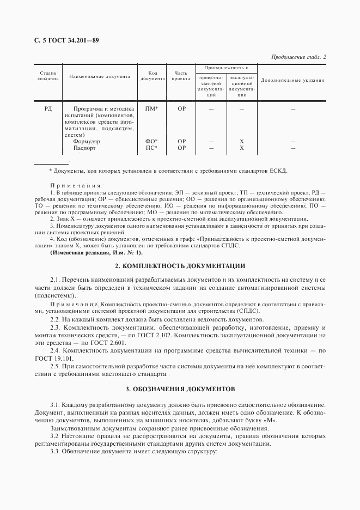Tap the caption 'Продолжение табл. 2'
298,57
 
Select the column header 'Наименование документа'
100,76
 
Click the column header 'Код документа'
152,76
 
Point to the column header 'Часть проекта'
181,76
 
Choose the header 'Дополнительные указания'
292,80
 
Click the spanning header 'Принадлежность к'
226,68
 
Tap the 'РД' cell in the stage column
48,109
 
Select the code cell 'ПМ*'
152,109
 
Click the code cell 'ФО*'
152,141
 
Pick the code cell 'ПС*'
152,148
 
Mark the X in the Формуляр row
241,141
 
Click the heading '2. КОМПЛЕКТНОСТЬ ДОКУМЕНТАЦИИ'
180,266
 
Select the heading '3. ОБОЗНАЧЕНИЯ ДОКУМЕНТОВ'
180,390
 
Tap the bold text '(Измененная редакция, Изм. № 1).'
96,252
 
